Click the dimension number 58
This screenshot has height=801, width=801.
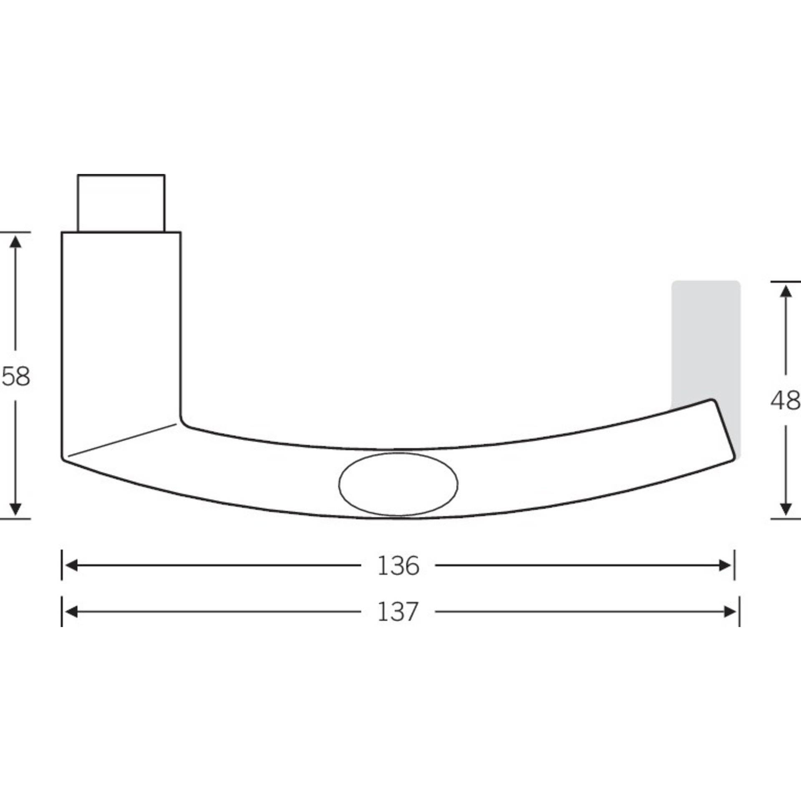coord(16,376)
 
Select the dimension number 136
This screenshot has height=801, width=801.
coord(398,566)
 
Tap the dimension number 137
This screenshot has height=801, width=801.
coord(397,612)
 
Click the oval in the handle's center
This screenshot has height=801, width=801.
coord(398,484)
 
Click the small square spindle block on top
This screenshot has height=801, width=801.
coord(121,203)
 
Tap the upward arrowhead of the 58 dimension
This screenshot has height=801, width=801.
coord(15,241)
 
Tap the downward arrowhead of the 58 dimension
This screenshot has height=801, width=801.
coord(15,509)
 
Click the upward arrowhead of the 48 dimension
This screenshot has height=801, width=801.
coord(786,290)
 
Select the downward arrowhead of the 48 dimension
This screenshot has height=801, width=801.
coord(786,509)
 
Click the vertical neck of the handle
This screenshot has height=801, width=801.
coord(121,325)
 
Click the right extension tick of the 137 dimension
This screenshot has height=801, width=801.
coord(739,612)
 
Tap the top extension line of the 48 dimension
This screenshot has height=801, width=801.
coord(785,282)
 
